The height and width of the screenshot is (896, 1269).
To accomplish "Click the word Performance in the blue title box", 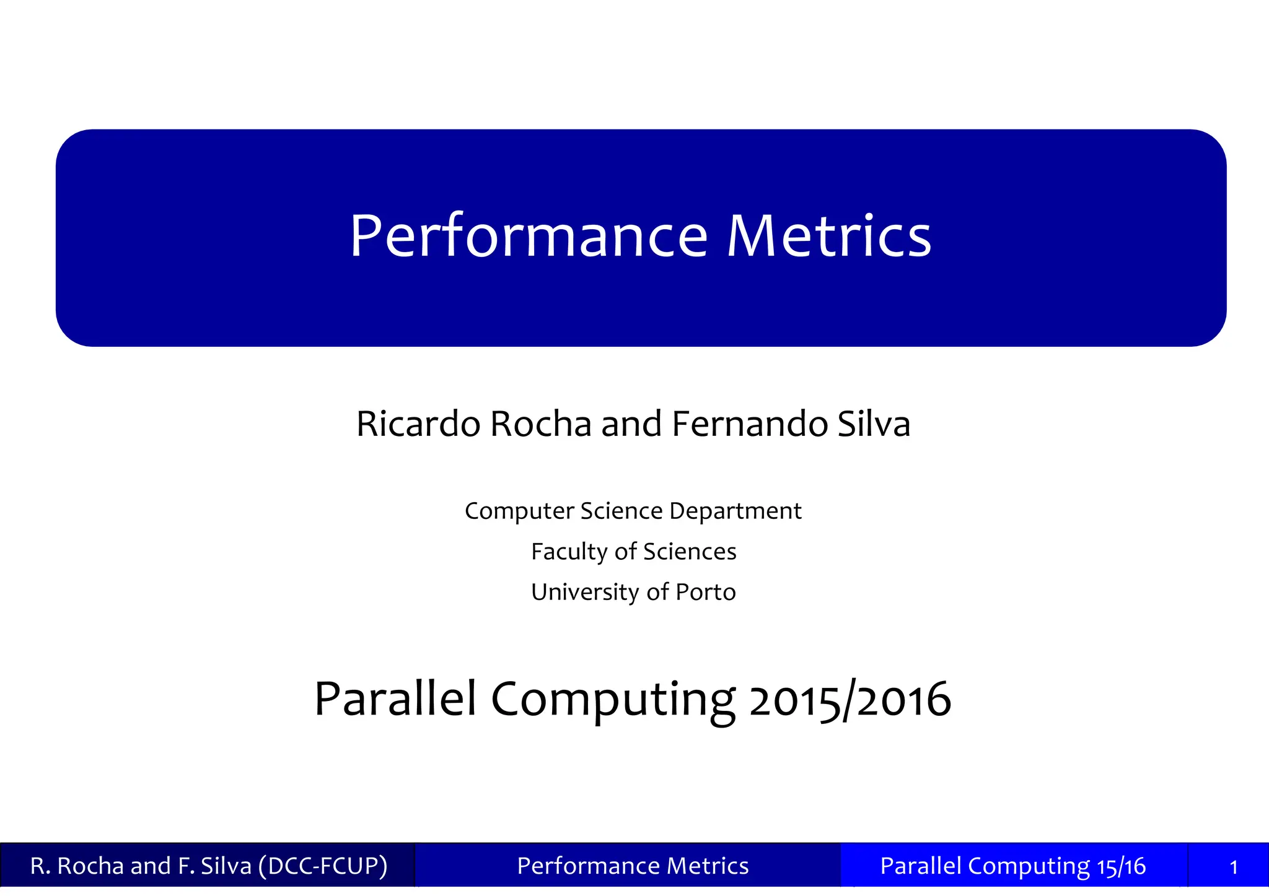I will pyautogui.click(x=528, y=237).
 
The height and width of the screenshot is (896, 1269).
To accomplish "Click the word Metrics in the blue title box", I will pyautogui.click(x=829, y=237).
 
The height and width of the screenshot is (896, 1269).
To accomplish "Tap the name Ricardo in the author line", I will pyautogui.click(x=418, y=424).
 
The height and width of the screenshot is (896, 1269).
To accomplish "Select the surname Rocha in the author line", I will pyautogui.click(x=540, y=424).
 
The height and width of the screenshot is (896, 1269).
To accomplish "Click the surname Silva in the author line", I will pyautogui.click(x=874, y=424).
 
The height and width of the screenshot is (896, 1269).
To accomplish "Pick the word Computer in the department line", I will pyautogui.click(x=519, y=511).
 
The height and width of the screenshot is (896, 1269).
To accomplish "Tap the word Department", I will pyautogui.click(x=735, y=511).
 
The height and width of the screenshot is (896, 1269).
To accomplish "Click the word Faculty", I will pyautogui.click(x=569, y=552).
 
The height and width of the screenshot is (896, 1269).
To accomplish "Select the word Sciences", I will pyautogui.click(x=690, y=552).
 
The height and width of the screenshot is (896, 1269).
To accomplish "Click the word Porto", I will pyautogui.click(x=705, y=593).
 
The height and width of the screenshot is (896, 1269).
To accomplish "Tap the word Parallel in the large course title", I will pyautogui.click(x=395, y=699).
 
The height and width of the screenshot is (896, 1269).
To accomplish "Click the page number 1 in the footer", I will pyautogui.click(x=1233, y=867).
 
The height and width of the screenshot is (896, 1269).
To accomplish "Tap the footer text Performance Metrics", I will pyautogui.click(x=633, y=866).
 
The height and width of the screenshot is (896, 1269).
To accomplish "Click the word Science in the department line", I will pyautogui.click(x=621, y=511).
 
